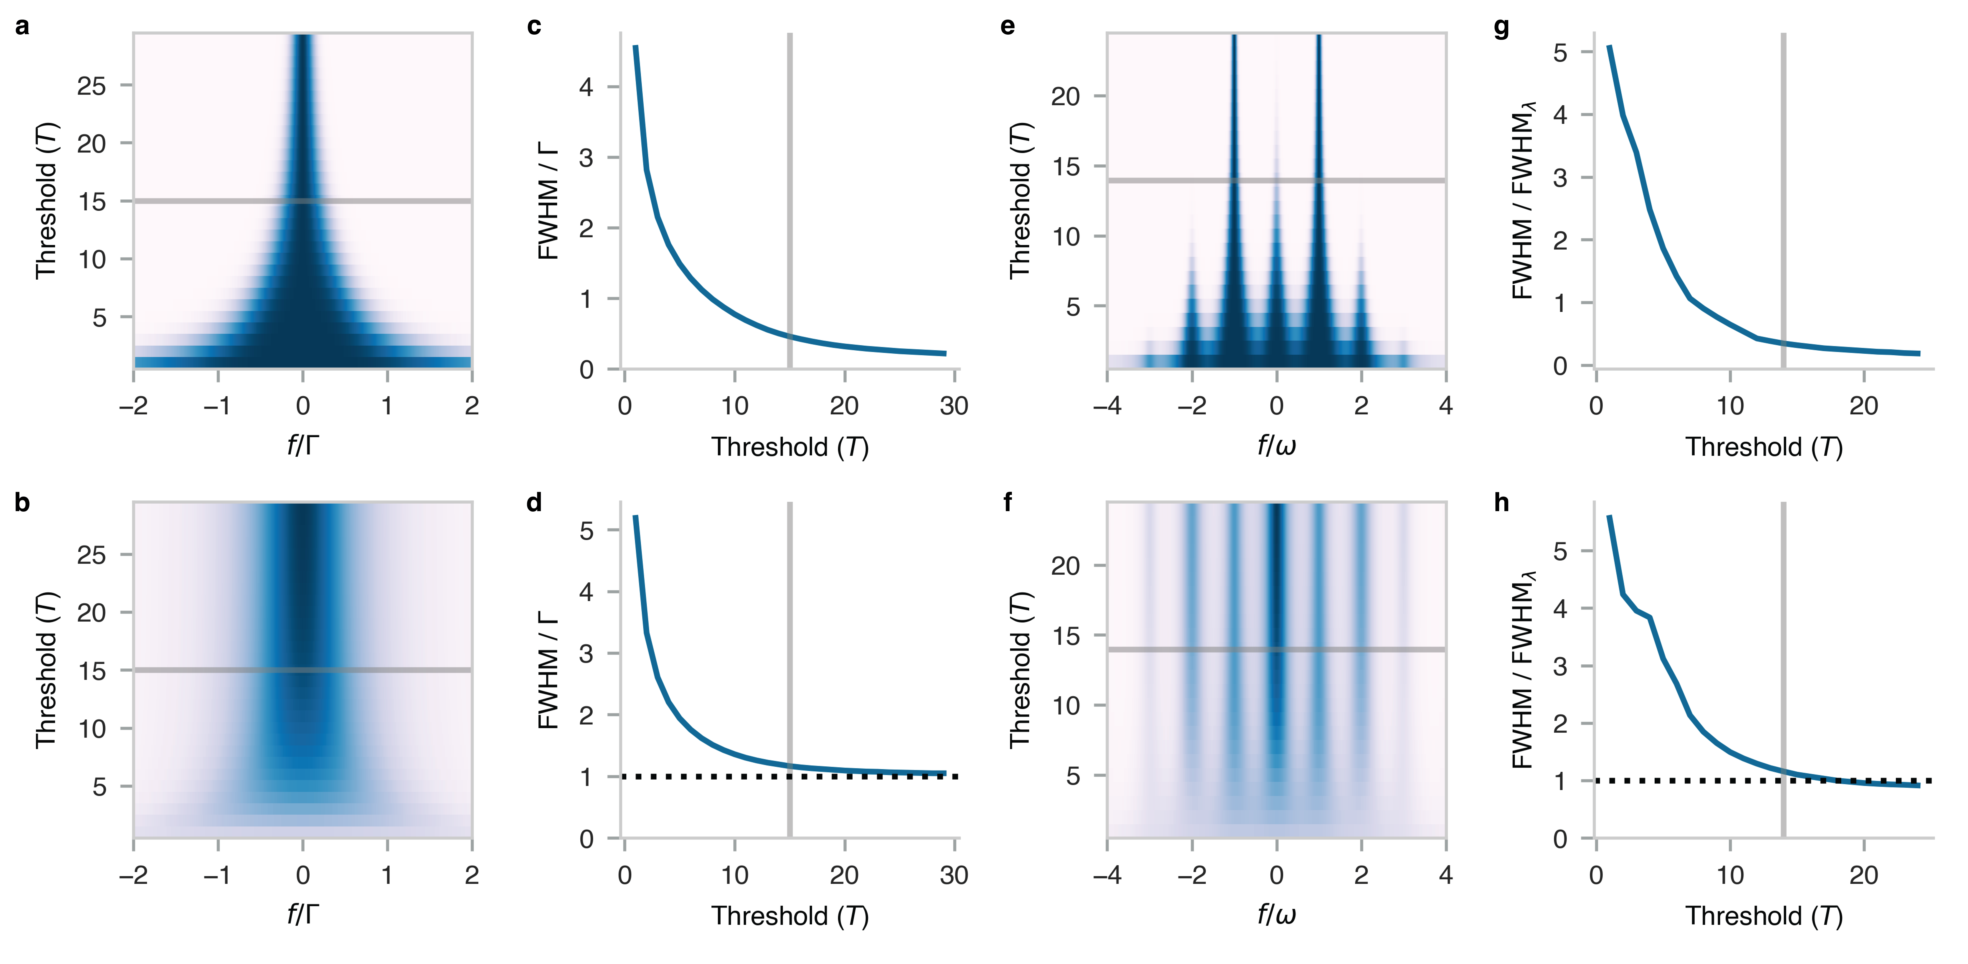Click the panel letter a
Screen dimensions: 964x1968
[x=22, y=27]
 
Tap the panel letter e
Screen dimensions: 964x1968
[x=1008, y=27]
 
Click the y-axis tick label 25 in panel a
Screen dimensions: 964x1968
[x=92, y=86]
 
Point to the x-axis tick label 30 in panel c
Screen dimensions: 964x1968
[x=953, y=406]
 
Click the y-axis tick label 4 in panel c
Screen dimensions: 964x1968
[x=586, y=87]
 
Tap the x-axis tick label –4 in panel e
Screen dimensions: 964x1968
[x=1107, y=406]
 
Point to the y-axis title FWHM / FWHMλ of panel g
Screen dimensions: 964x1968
[x=1524, y=200]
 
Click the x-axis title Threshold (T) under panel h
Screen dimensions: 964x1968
[x=1764, y=916]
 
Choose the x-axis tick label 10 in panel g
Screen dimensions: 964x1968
[x=1730, y=406]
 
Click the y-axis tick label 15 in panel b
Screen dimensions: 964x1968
[x=92, y=671]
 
